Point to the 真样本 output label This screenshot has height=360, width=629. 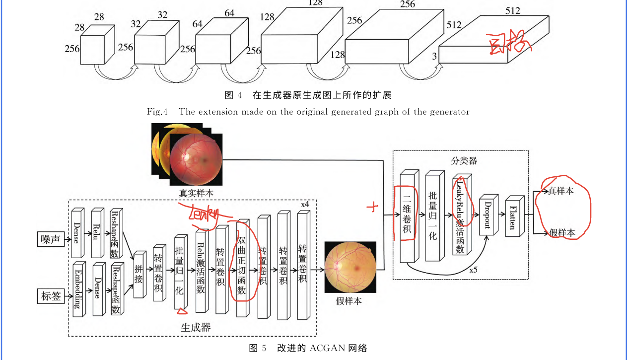561,191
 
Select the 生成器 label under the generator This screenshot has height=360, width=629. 196,327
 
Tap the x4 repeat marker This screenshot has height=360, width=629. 305,205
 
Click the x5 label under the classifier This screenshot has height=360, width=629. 475,271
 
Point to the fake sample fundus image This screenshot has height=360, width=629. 349,267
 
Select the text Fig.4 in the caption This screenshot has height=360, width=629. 160,112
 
